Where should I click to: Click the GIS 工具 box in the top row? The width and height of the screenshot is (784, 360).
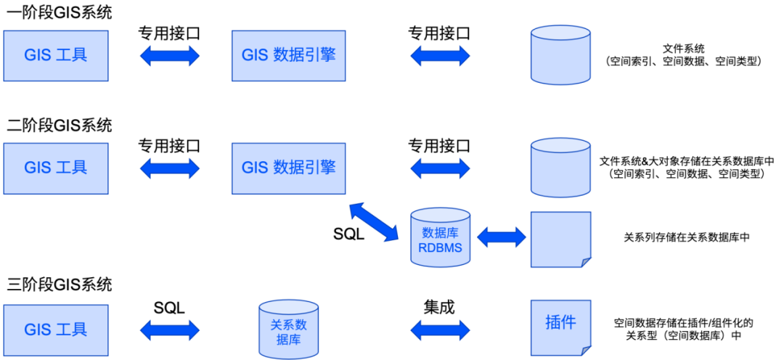click(56, 55)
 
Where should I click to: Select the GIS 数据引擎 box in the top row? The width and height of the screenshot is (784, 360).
click(288, 55)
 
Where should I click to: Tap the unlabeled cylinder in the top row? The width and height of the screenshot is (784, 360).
click(560, 55)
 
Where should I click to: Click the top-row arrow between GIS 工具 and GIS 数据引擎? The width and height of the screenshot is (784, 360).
click(170, 56)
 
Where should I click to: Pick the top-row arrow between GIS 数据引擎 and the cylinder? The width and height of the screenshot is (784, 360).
click(440, 56)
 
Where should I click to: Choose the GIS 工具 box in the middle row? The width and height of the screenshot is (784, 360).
click(56, 168)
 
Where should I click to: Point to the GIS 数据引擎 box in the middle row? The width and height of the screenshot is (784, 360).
click(288, 168)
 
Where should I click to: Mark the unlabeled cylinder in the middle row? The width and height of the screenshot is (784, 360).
click(560, 168)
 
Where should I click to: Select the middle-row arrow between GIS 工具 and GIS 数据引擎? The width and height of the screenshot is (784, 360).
click(170, 168)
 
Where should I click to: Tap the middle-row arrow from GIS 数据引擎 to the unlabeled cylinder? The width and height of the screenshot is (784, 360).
click(440, 168)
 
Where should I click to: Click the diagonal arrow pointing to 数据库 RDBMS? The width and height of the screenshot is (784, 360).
click(374, 222)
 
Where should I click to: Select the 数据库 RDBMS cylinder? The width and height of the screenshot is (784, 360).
click(440, 238)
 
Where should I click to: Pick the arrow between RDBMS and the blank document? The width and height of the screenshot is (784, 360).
click(501, 237)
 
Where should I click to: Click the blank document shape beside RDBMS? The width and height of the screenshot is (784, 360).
click(560, 239)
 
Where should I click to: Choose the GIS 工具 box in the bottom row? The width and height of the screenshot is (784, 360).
click(56, 330)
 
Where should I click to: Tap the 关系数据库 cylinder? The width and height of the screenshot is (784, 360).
click(288, 330)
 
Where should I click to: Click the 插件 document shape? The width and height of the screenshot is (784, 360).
click(560, 327)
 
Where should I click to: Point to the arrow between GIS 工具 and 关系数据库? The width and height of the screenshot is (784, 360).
click(170, 330)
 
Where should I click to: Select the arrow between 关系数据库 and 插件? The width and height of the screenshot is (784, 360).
click(440, 330)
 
